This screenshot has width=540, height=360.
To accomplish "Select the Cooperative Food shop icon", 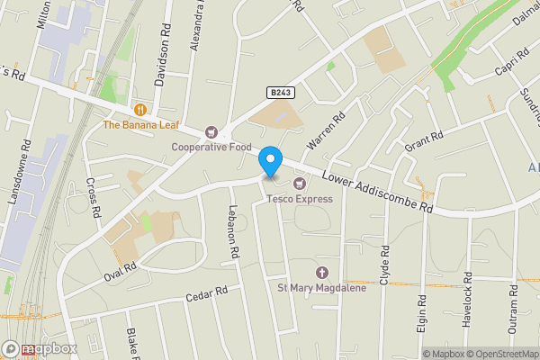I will tap(212, 131).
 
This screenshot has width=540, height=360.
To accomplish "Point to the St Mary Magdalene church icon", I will tap(322, 273).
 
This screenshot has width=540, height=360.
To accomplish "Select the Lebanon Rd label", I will tap(232, 237).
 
